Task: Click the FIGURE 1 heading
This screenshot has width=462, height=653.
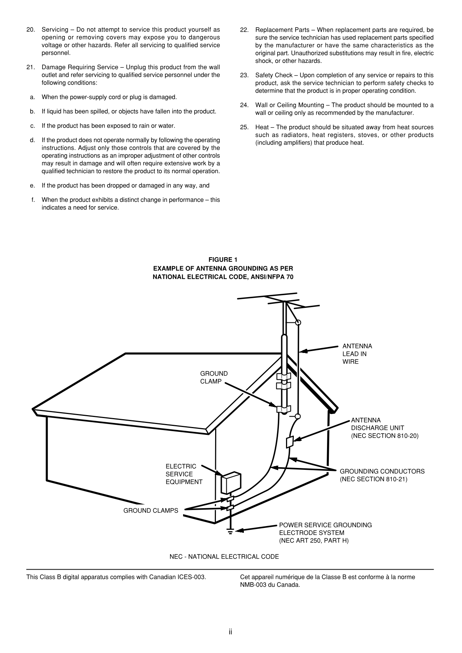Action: (223, 259)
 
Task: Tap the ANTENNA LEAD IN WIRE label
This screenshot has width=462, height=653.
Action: (357, 354)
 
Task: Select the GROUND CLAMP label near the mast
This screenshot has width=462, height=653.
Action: (214, 377)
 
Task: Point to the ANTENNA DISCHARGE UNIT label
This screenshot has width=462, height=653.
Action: (384, 428)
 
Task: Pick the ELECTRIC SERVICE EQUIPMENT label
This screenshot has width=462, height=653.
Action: (184, 474)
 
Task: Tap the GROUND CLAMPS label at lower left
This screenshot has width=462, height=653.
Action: (151, 510)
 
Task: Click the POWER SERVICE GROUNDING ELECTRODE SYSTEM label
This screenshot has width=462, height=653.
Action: (325, 532)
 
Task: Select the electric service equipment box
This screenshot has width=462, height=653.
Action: (231, 483)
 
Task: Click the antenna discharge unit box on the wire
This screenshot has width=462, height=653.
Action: (289, 442)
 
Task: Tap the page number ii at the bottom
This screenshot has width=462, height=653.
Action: (231, 632)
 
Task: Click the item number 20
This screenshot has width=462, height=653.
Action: (31, 30)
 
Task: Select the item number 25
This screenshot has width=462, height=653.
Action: (244, 127)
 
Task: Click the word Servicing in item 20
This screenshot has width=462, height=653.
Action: (55, 30)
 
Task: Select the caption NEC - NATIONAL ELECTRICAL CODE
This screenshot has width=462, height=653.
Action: (224, 557)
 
